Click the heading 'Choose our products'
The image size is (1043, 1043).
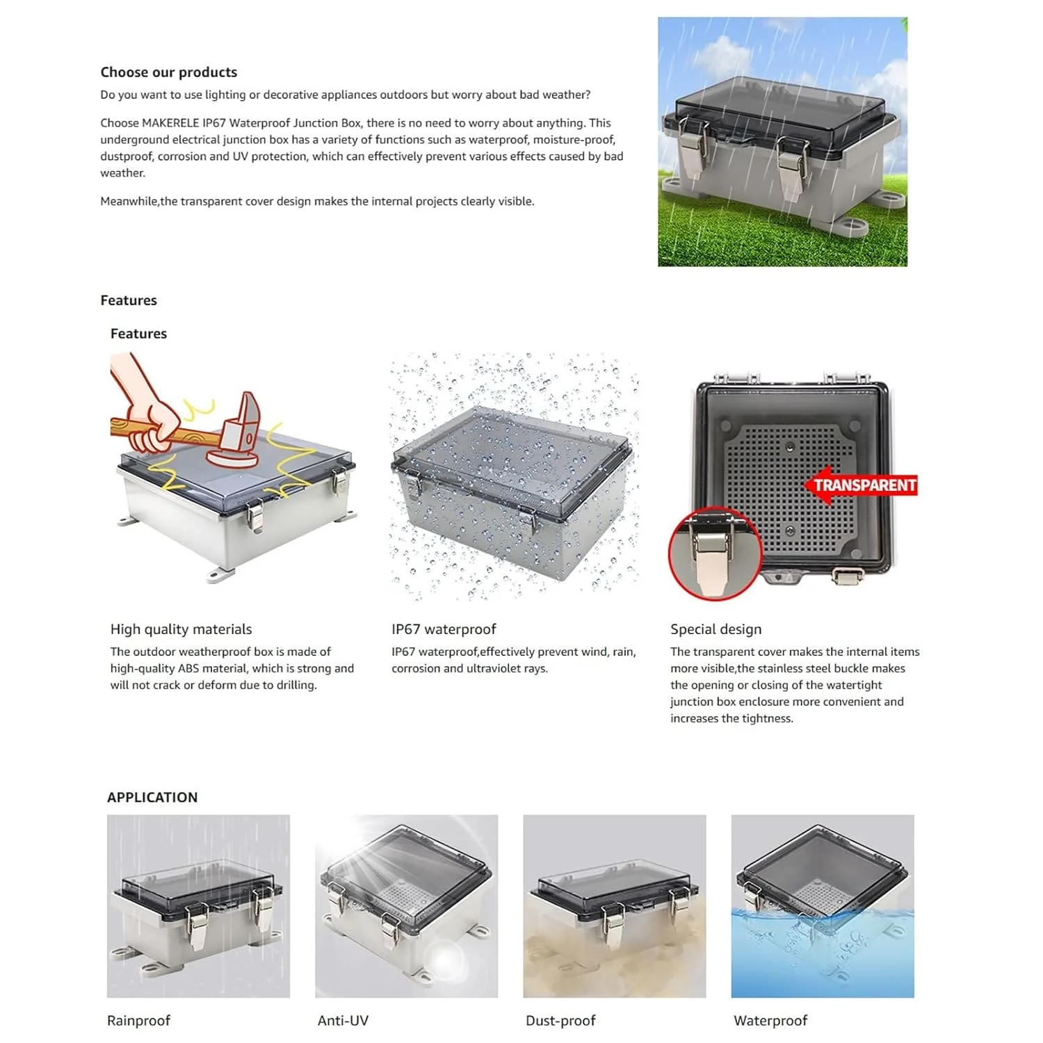click(x=169, y=72)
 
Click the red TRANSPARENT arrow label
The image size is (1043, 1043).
click(x=861, y=485)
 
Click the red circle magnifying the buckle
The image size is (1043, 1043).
click(x=715, y=554)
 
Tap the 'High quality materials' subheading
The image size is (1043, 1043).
click(x=181, y=629)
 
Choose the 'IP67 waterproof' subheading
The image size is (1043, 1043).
click(x=444, y=629)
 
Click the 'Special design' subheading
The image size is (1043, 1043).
click(x=715, y=629)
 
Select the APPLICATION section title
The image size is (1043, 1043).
click(x=152, y=798)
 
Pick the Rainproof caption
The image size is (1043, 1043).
click(x=138, y=1021)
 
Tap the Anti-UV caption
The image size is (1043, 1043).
click(x=343, y=1021)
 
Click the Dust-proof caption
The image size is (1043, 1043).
click(x=560, y=1021)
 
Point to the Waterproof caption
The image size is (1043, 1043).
click(x=770, y=1021)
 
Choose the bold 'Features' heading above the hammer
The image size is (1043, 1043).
click(x=138, y=334)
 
